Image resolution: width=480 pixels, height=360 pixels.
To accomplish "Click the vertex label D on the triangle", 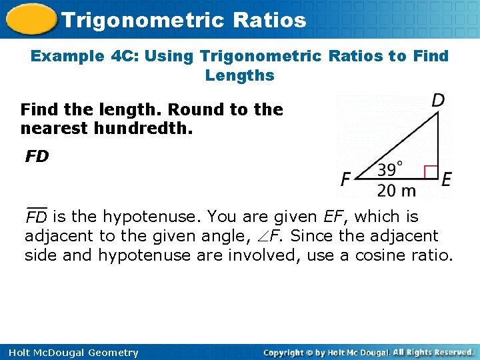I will pos(438,101).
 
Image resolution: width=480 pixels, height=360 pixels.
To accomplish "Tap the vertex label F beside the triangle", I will pos(345,179).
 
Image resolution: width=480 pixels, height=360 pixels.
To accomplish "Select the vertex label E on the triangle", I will pos(446,179).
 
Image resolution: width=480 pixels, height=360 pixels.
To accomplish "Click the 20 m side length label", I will pos(396,191).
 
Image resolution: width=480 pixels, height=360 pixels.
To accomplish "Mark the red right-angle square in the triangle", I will pos(430,172).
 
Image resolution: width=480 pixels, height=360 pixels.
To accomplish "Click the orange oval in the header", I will pos(29,19).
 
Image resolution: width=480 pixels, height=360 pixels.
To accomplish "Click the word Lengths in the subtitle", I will pos(240,75).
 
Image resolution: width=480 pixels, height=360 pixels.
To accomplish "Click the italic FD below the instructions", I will pos(37,157).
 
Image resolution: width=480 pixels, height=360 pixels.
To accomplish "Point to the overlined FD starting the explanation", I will pos(36,217).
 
